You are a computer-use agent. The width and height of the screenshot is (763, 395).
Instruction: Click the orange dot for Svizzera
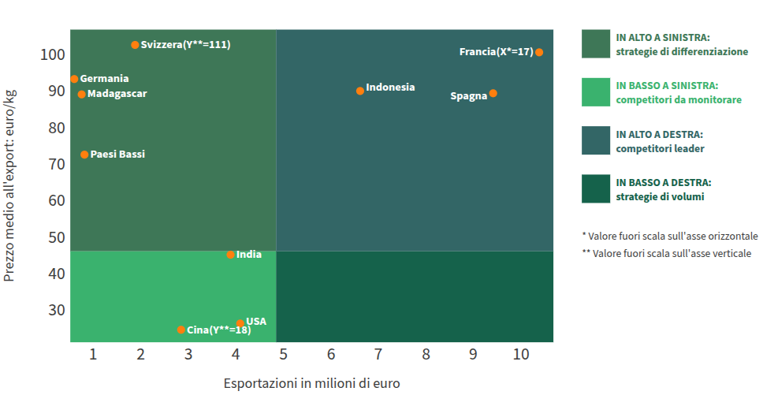click(x=136, y=45)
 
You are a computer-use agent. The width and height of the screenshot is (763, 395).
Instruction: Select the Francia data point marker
click(x=539, y=53)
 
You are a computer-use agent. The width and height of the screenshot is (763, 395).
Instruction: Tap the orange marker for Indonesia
click(x=360, y=91)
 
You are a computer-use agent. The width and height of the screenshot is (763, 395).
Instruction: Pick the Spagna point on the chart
click(x=493, y=93)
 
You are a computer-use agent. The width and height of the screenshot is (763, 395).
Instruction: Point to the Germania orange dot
click(x=74, y=80)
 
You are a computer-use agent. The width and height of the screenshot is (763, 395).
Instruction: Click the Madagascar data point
click(x=82, y=95)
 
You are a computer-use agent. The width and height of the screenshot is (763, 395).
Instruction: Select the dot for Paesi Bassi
click(x=84, y=155)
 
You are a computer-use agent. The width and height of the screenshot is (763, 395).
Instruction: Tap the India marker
click(x=231, y=255)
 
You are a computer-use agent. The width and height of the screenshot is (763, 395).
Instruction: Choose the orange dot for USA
click(x=240, y=323)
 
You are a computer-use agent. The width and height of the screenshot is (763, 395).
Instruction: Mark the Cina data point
click(x=181, y=330)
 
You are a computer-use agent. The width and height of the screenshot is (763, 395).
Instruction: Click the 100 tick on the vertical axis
click(x=53, y=54)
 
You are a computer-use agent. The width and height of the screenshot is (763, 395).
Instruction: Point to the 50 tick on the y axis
click(x=57, y=237)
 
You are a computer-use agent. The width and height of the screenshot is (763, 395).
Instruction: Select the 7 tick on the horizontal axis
click(x=378, y=355)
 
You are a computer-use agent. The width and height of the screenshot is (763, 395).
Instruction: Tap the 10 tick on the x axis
click(x=521, y=355)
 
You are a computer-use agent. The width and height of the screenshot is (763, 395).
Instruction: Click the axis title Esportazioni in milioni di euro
click(x=312, y=383)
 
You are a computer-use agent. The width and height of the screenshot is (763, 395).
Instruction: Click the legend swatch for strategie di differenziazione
click(x=596, y=44)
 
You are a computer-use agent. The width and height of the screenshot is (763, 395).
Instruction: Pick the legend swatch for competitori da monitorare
click(x=596, y=92)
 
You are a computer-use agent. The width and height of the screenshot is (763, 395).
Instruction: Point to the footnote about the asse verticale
click(x=667, y=253)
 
